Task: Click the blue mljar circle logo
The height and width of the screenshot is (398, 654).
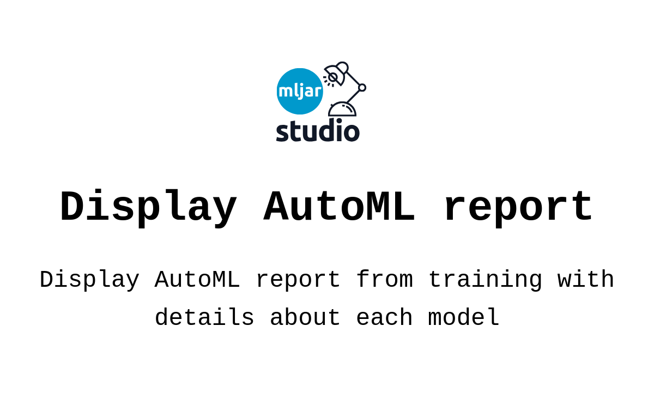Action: click(300, 92)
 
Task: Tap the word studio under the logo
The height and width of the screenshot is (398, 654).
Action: click(318, 130)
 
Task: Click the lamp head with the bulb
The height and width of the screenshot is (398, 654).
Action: click(336, 73)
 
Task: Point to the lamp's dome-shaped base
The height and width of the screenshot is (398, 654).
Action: click(342, 109)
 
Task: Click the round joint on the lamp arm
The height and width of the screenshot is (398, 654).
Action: click(362, 87)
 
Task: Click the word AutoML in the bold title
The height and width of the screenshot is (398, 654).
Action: click(339, 206)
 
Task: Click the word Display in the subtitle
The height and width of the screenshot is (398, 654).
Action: click(89, 280)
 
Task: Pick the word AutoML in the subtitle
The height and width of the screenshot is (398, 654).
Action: click(197, 280)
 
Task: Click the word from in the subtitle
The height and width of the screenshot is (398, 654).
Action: click(385, 279)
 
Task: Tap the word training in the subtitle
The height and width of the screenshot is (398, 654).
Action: click(486, 280)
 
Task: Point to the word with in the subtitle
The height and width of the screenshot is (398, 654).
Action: click(586, 279)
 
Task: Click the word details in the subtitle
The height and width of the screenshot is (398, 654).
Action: click(204, 317)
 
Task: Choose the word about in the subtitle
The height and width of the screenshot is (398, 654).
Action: click(305, 317)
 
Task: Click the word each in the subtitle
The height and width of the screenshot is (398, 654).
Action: click(385, 317)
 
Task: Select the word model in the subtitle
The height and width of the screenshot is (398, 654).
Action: click(464, 317)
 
